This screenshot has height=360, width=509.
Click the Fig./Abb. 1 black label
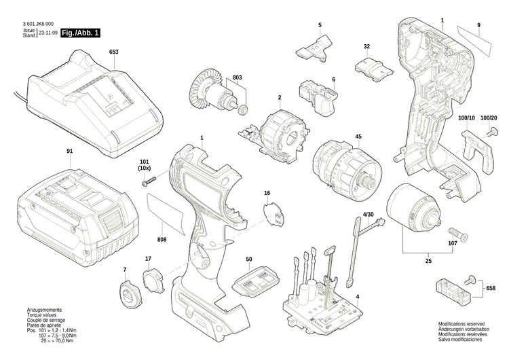(80, 33)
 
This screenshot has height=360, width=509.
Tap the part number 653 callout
(113, 52)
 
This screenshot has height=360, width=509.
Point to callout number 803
(237, 78)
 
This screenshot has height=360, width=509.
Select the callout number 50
(249, 259)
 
